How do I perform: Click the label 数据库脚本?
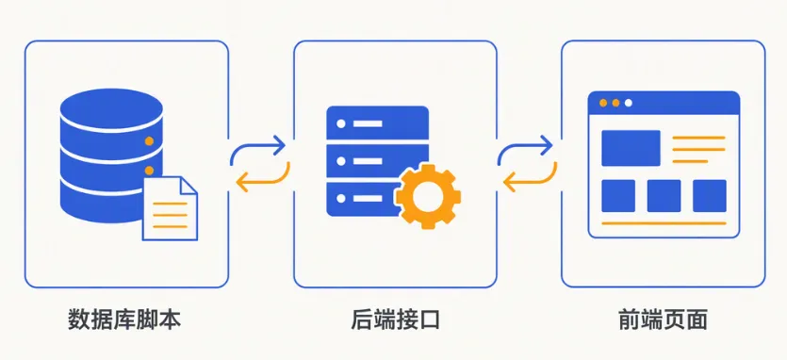click(x=124, y=319)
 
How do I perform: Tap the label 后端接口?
click(x=395, y=319)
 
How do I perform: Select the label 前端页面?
click(x=663, y=319)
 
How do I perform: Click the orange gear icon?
click(x=428, y=196)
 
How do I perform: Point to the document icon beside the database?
click(x=171, y=208)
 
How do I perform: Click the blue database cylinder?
click(x=111, y=155)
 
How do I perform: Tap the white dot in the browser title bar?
click(x=628, y=103)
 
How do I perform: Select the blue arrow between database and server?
click(x=257, y=147)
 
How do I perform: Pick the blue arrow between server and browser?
click(x=524, y=147)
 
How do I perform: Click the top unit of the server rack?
click(x=377, y=123)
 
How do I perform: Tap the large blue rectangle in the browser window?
click(x=631, y=148)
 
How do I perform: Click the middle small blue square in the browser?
click(x=664, y=196)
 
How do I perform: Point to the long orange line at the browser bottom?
click(x=664, y=223)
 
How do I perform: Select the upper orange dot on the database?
click(x=149, y=141)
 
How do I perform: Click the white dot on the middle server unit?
click(x=341, y=161)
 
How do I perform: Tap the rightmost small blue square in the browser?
click(x=709, y=196)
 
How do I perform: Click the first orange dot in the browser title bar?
click(x=603, y=103)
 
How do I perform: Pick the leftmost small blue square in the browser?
click(x=618, y=196)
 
